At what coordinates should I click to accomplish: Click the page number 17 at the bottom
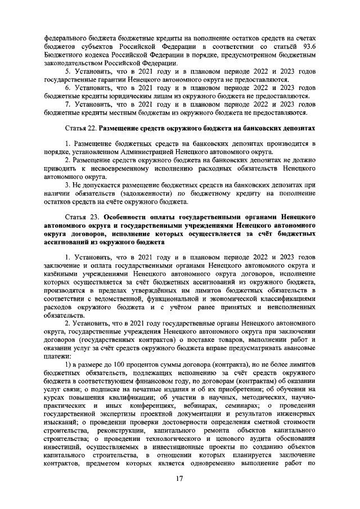click(x=179, y=479)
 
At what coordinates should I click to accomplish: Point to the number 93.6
click(x=307, y=45)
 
